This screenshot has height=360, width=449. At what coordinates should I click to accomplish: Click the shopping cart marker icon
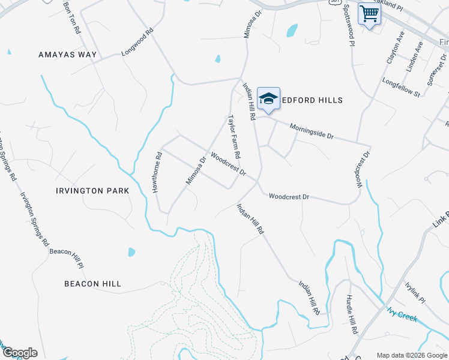(x=369, y=13)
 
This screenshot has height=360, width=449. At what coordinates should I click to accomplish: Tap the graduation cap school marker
(x=268, y=99)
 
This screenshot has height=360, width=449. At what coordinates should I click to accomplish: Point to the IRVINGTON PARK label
(x=92, y=191)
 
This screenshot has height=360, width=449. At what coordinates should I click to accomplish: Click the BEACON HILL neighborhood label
(x=93, y=284)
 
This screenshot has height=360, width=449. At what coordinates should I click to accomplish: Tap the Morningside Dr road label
(x=311, y=131)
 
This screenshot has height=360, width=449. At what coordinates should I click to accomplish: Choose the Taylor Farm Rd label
(x=234, y=137)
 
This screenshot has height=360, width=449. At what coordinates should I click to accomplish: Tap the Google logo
(x=19, y=353)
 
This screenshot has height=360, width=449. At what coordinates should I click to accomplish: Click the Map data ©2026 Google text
(x=412, y=355)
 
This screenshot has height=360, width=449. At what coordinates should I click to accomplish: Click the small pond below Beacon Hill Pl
(x=131, y=252)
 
